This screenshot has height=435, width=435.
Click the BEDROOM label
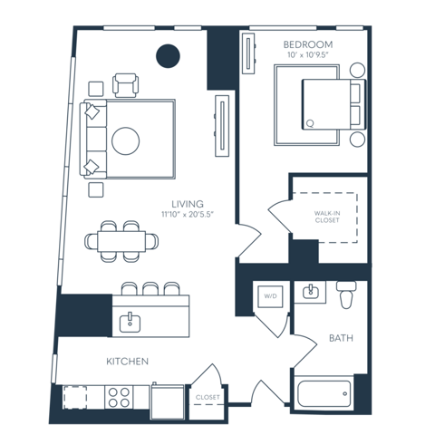(309, 44)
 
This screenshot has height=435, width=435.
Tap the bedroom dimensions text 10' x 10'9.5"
(309, 56)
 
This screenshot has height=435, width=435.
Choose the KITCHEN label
(127, 362)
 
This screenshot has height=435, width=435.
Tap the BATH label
(341, 339)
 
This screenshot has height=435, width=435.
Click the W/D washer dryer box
(270, 296)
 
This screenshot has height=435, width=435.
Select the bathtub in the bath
(324, 394)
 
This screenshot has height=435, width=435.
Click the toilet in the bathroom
(346, 295)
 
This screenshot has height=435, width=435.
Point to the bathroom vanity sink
(310, 292)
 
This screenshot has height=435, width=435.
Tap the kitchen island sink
(130, 320)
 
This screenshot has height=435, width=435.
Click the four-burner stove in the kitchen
(119, 396)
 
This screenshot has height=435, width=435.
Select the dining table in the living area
(120, 241)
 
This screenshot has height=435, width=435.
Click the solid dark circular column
(168, 57)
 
